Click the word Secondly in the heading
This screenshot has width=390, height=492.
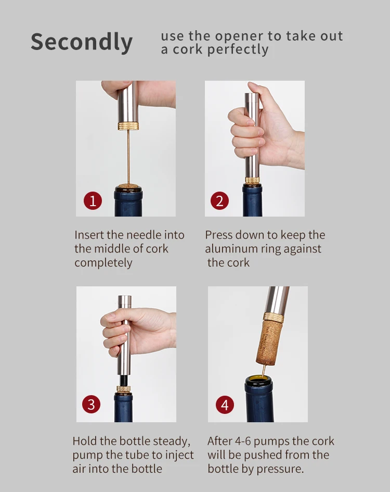pos(82,42)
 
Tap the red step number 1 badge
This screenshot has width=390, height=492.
pos(93,200)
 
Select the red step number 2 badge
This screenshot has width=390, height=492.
pos(219,200)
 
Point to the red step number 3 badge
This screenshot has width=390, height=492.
pos(91,404)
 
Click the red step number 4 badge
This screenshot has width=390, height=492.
pos(225,405)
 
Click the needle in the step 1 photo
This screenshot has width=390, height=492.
pos(128,157)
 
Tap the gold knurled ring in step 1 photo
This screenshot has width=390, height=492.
pos(128,126)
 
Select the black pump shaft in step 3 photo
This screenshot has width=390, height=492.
pos(124,380)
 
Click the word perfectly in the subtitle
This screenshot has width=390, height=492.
pos(238,50)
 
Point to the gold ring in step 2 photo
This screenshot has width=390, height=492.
pos(252,181)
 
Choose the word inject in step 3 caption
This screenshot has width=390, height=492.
pos(179,456)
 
